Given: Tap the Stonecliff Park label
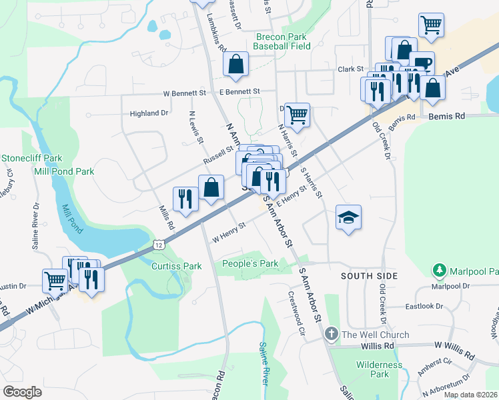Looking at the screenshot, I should click(31, 159).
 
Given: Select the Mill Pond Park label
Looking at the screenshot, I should click(64, 171).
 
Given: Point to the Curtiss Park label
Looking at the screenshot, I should click(177, 266).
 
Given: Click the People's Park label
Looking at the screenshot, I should click(250, 264).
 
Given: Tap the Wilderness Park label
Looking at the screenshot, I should click(379, 369).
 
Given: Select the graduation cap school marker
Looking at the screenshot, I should click(348, 217).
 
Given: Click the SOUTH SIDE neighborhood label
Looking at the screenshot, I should click(369, 275).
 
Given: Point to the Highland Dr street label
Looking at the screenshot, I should click(149, 113).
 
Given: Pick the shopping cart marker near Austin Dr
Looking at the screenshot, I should click(55, 280).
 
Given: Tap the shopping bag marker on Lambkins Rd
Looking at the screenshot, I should click(236, 65).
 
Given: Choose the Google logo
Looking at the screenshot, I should click(22, 392).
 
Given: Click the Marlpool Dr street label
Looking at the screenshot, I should click(450, 286).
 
